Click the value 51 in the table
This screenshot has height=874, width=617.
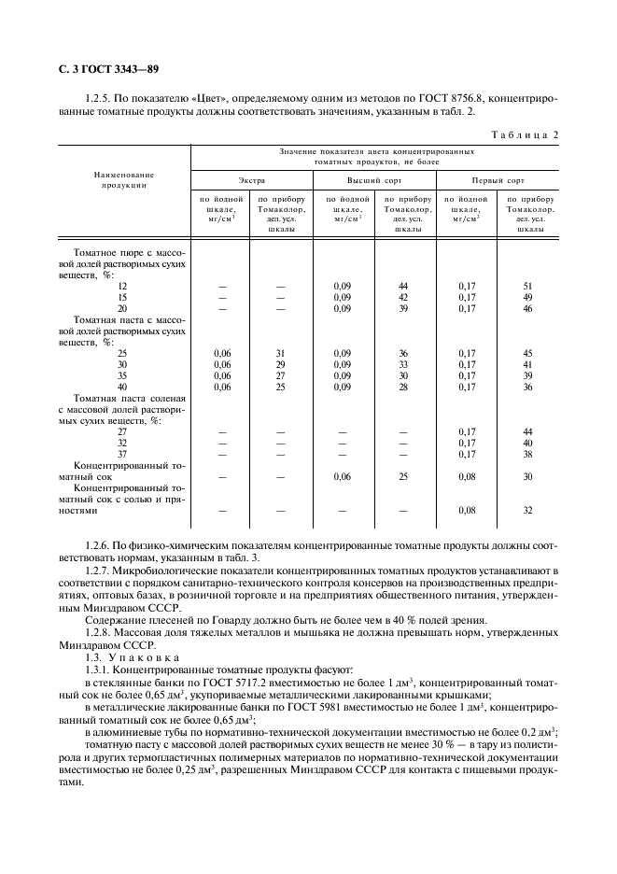[x=527, y=286]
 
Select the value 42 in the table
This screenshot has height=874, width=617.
[x=403, y=297]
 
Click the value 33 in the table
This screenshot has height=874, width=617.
[x=403, y=364]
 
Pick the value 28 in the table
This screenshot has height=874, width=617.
[x=403, y=387]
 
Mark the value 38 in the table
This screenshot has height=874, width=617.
[x=527, y=454]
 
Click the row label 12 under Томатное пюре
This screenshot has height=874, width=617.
[x=122, y=286]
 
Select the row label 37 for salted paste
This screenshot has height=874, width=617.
[x=122, y=454]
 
